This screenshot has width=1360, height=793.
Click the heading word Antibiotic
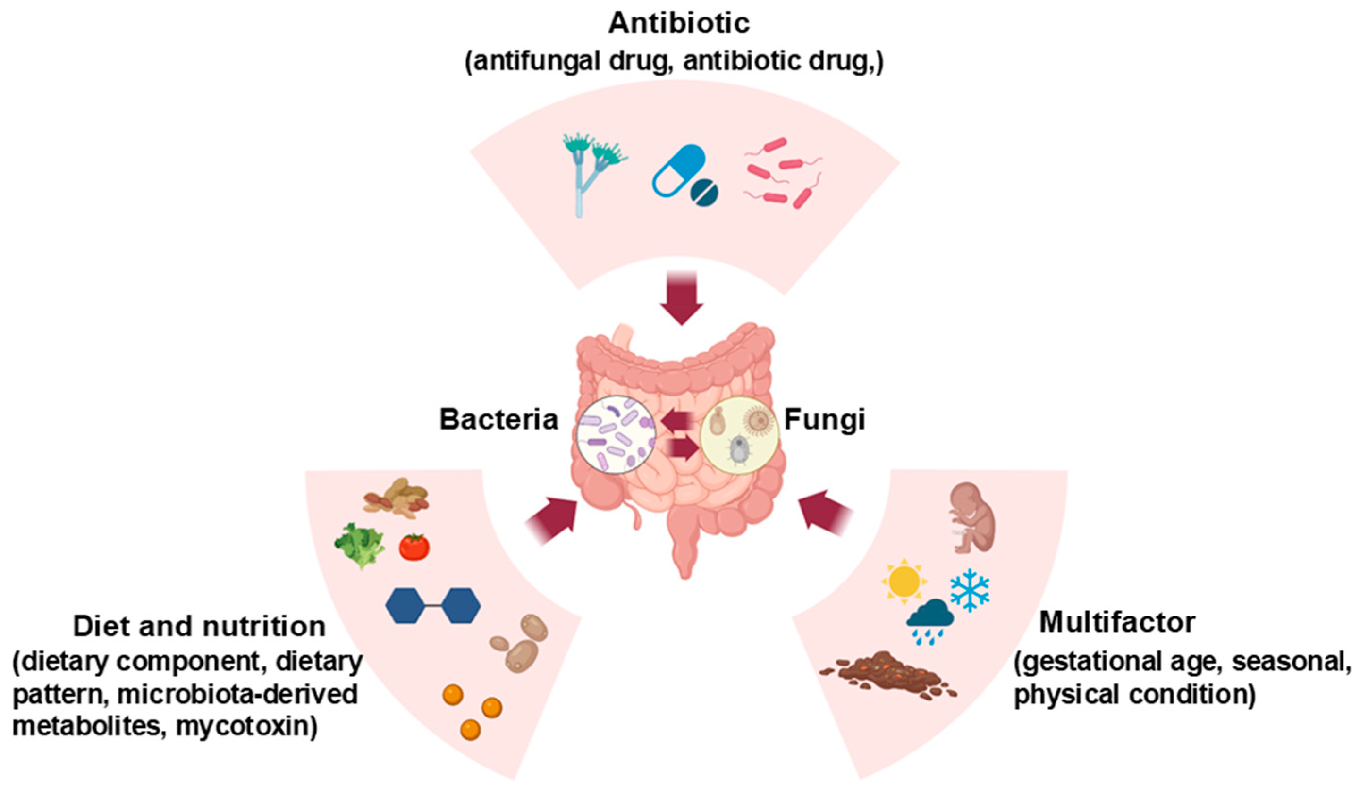pyautogui.click(x=679, y=23)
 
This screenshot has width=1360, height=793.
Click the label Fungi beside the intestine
pyautogui.click(x=824, y=420)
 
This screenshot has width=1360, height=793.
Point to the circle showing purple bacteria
pyautogui.click(x=615, y=435)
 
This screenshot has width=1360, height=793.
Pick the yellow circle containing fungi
pyautogui.click(x=739, y=435)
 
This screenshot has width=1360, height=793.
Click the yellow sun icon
pyautogui.click(x=904, y=582)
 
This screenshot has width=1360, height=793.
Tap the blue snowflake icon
pyautogui.click(x=970, y=590)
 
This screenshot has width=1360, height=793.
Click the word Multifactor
pyautogui.click(x=1117, y=623)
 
